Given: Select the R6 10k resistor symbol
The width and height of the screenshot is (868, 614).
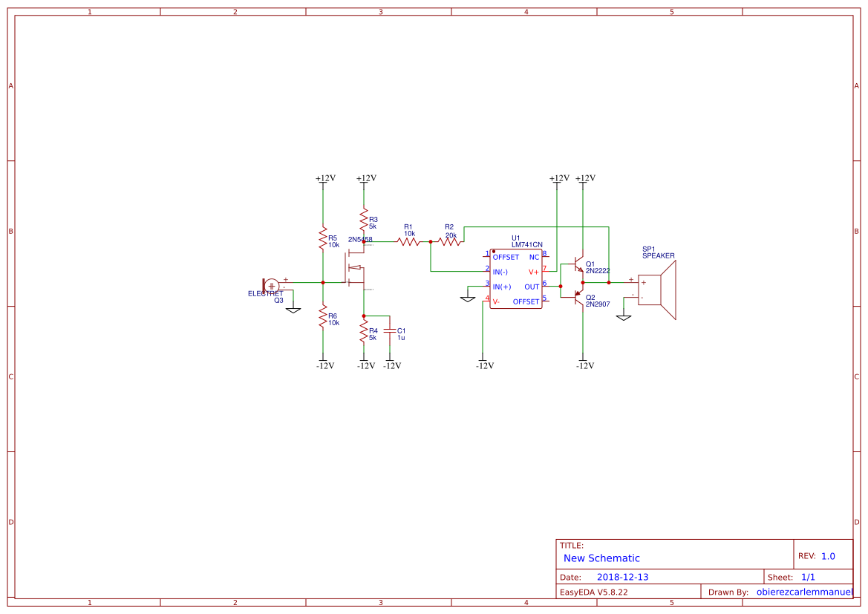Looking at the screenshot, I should [x=322, y=318].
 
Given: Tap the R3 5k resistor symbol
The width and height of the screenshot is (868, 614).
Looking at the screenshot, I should [x=364, y=221].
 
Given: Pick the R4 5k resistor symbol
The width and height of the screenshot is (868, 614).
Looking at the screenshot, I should [x=364, y=331].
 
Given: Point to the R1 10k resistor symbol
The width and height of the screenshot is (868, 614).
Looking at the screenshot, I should [x=409, y=241].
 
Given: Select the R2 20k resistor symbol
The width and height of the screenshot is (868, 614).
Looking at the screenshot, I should [x=450, y=241].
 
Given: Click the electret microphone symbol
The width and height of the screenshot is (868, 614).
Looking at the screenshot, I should [x=270, y=285].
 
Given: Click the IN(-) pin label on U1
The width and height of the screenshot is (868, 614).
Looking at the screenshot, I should [x=504, y=272].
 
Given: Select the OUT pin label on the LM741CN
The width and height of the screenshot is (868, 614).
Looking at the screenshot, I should [x=532, y=287].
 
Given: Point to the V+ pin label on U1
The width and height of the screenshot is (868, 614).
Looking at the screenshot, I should [x=533, y=272].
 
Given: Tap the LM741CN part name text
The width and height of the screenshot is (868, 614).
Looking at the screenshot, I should [x=526, y=244].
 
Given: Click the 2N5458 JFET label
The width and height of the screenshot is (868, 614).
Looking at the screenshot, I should [x=360, y=240].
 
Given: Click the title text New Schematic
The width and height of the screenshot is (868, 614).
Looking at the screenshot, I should [x=601, y=558].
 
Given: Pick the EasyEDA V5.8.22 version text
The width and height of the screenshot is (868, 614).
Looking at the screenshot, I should [x=593, y=592].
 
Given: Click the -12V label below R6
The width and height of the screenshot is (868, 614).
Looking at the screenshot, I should [x=325, y=365].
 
